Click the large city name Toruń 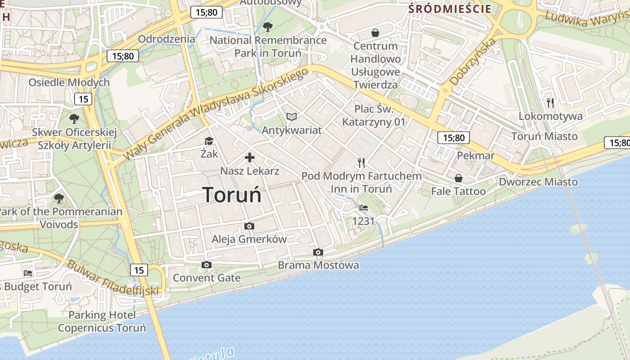point(232,195)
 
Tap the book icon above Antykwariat point(292,117)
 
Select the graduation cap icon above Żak point(209,141)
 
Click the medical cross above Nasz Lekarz point(249,157)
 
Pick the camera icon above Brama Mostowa point(318,252)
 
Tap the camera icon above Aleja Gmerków point(249,226)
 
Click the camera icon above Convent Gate point(207,265)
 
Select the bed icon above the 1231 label point(364,208)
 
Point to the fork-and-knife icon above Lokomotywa point(550,103)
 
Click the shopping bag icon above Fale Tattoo point(458,178)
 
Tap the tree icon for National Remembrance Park point(268,27)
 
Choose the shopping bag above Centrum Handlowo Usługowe point(375,32)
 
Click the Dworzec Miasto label point(538,182)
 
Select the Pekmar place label point(476,156)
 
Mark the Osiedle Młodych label point(69,82)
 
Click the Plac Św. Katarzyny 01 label point(374,115)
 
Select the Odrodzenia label point(166,39)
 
